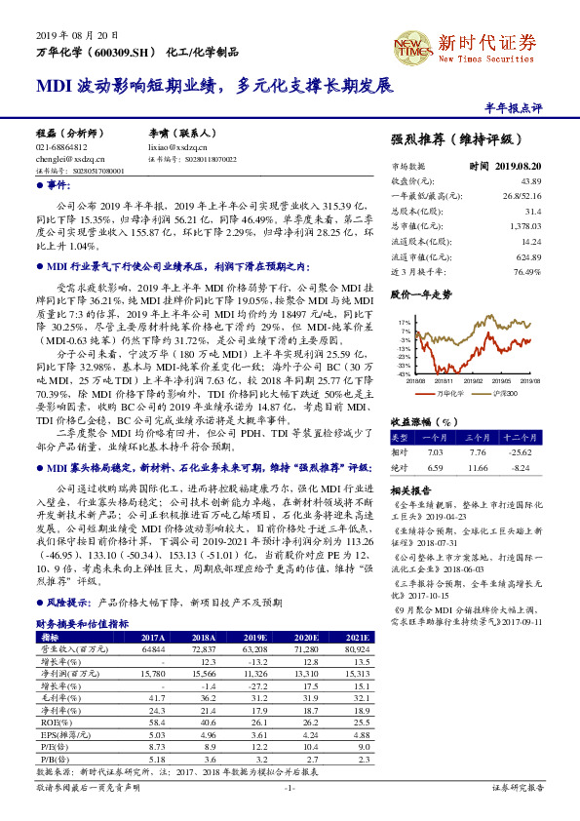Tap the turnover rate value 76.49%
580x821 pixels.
point(526,270)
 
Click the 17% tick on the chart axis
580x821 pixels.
point(404,320)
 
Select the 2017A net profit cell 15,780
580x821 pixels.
point(154,672)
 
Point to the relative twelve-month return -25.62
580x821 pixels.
point(520,451)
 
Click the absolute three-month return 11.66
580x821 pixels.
point(477,468)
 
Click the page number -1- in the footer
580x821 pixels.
point(290,786)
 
